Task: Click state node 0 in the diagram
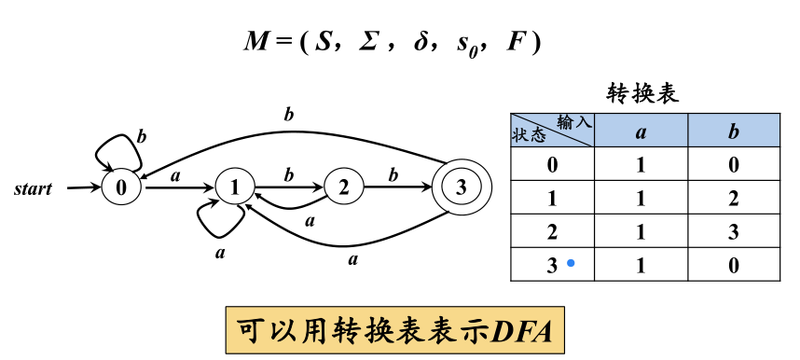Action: tap(120, 187)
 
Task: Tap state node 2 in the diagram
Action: tap(344, 187)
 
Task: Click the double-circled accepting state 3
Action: tap(459, 187)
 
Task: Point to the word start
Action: tap(34, 188)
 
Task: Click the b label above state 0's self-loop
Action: tap(142, 136)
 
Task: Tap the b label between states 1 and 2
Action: tap(288, 173)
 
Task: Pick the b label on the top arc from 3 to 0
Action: tap(288, 115)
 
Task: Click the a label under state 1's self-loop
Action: tap(220, 252)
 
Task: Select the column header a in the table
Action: tap(641, 131)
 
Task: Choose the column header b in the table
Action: tap(733, 131)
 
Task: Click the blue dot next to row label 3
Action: tap(571, 264)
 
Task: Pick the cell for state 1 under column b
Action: tap(733, 198)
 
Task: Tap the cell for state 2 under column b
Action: tap(733, 231)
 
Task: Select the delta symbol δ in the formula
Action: tap(417, 43)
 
